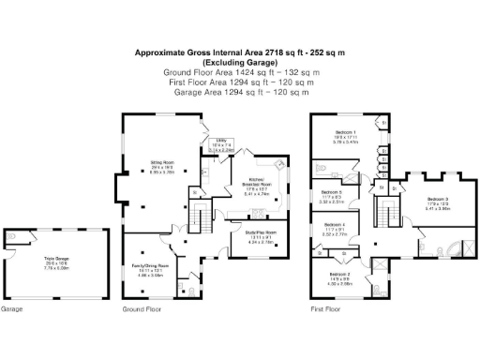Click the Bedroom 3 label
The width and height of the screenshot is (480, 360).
pyautogui.click(x=438, y=201)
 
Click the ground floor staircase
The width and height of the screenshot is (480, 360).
pyautogui.click(x=197, y=219)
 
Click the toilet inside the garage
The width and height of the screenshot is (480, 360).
pyautogui.click(x=31, y=235)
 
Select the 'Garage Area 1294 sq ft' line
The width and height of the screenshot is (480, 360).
pyautogui.click(x=241, y=92)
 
